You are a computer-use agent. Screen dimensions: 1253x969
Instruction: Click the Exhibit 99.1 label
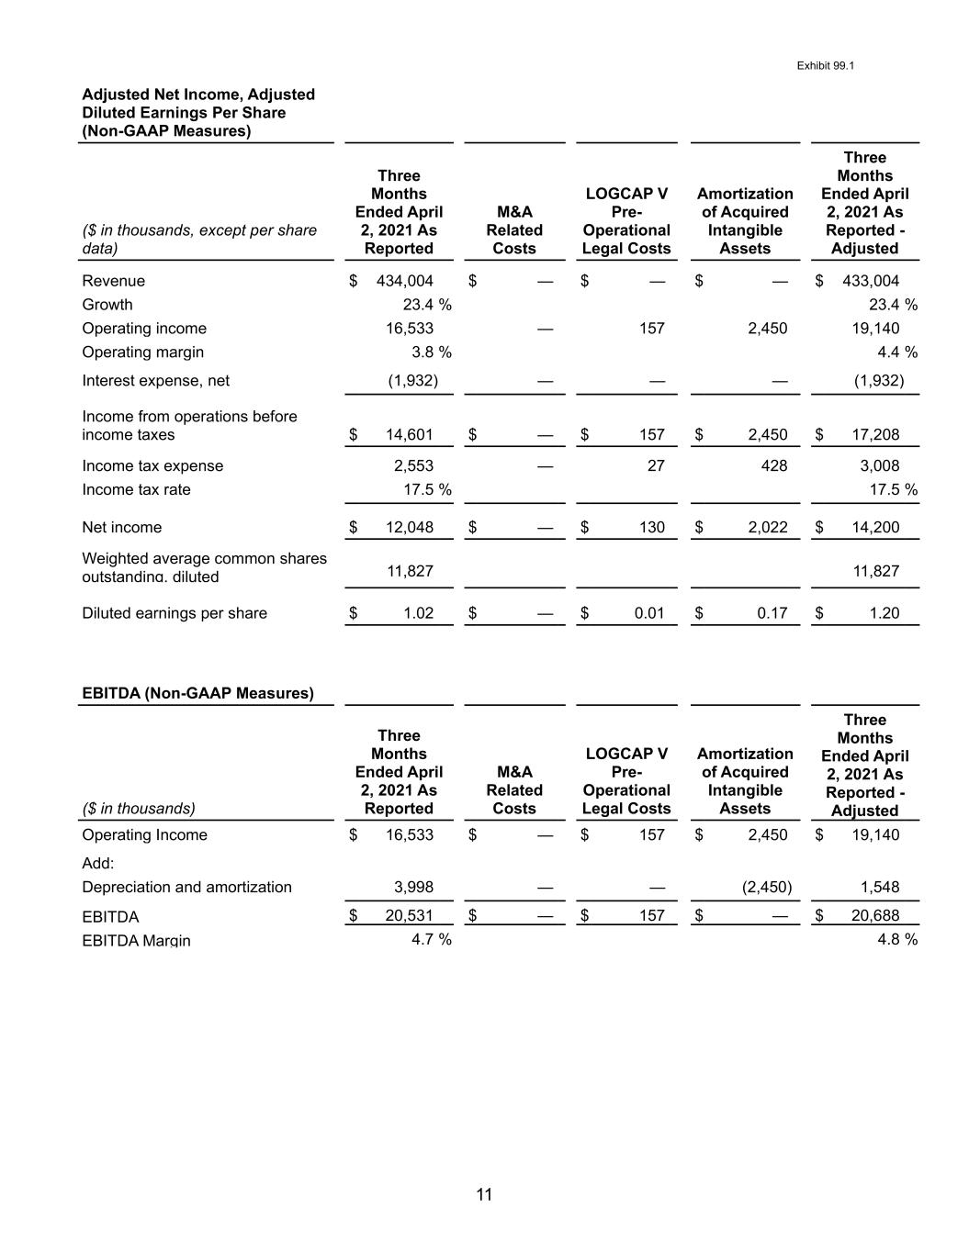click(x=826, y=66)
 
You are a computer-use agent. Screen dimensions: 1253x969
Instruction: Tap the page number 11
click(x=484, y=1194)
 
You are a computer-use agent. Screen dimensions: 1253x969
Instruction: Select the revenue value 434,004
click(x=404, y=281)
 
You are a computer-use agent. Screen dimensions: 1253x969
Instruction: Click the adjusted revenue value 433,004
click(x=871, y=281)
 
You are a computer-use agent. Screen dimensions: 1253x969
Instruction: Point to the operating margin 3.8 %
click(x=427, y=352)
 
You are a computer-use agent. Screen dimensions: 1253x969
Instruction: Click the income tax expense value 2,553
click(x=413, y=466)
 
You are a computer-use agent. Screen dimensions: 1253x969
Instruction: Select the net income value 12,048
click(x=409, y=528)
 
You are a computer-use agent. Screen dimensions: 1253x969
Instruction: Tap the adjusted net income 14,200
click(x=875, y=528)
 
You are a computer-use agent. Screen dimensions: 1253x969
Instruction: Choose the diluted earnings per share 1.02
click(x=418, y=613)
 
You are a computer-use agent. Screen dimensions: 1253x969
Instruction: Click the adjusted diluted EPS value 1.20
click(x=884, y=613)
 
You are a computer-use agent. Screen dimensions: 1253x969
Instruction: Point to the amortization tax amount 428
click(x=774, y=466)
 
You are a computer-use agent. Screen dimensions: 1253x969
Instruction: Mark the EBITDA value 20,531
click(x=409, y=916)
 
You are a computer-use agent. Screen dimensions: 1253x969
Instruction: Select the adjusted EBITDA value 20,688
click(x=875, y=916)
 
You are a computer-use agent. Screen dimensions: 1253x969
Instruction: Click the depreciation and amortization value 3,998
click(x=413, y=888)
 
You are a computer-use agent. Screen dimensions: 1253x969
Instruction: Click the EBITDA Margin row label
click(x=136, y=940)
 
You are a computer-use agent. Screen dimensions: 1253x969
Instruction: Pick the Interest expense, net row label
click(x=155, y=381)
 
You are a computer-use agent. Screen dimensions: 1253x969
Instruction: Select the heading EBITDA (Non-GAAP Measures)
click(x=197, y=694)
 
